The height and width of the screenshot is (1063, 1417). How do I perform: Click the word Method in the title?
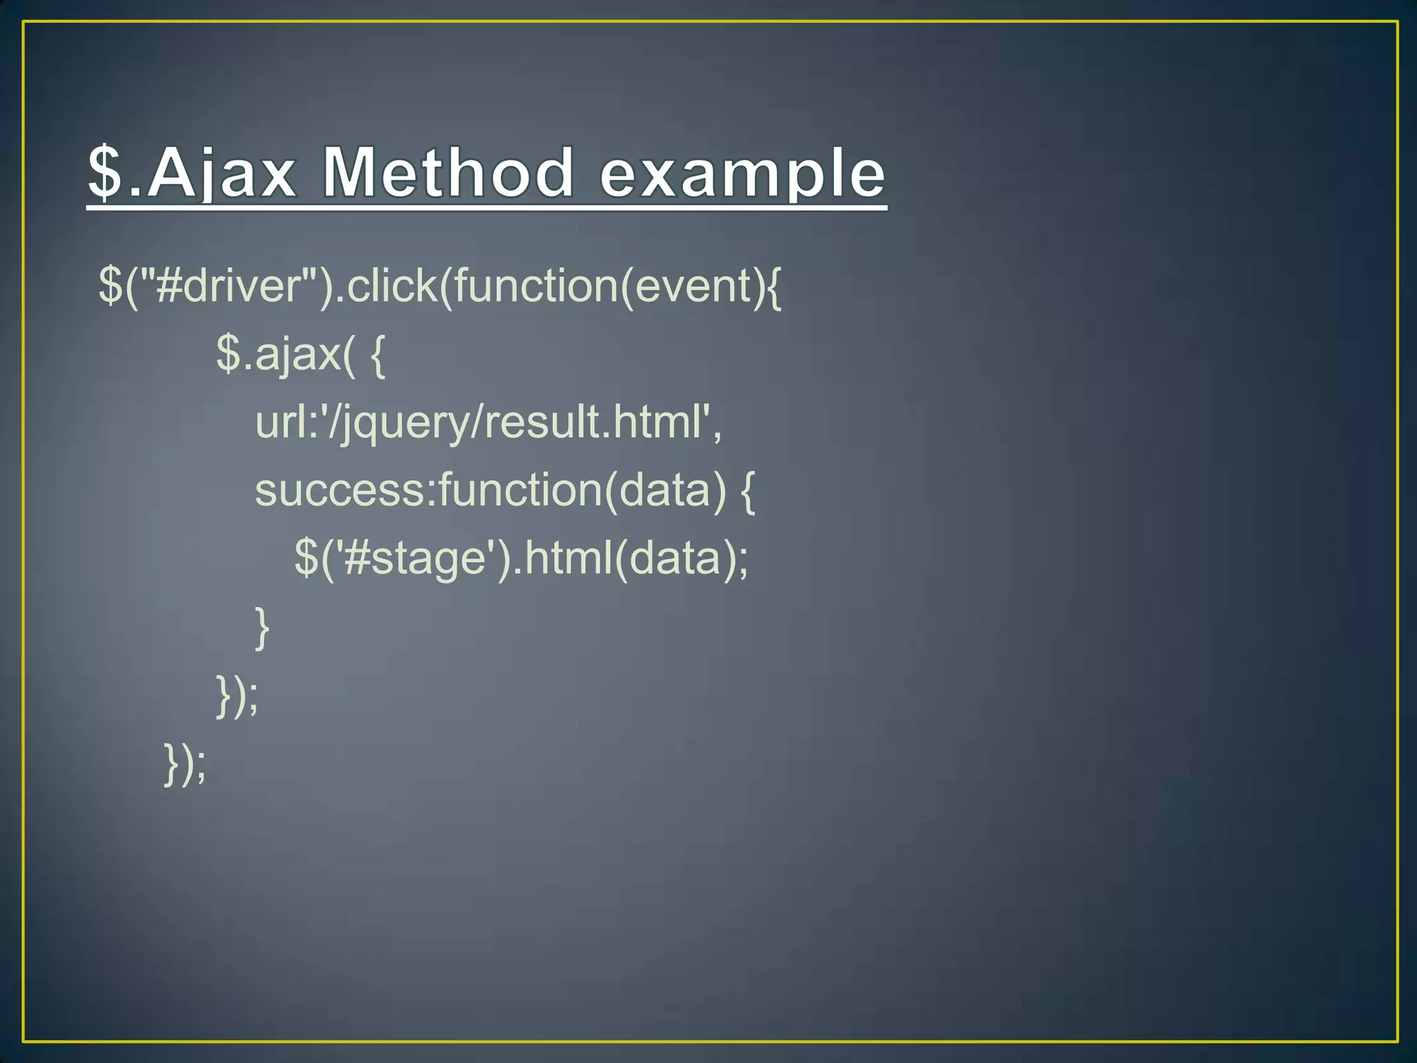(448, 173)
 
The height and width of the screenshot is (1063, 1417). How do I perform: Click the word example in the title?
(742, 174)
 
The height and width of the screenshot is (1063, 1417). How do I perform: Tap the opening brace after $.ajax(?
(377, 354)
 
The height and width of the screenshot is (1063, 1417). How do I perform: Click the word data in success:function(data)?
(664, 490)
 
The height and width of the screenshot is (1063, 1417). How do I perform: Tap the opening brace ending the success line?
(747, 490)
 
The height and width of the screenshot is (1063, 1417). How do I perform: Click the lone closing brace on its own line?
(262, 627)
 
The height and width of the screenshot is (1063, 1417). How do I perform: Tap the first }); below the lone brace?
(237, 696)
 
